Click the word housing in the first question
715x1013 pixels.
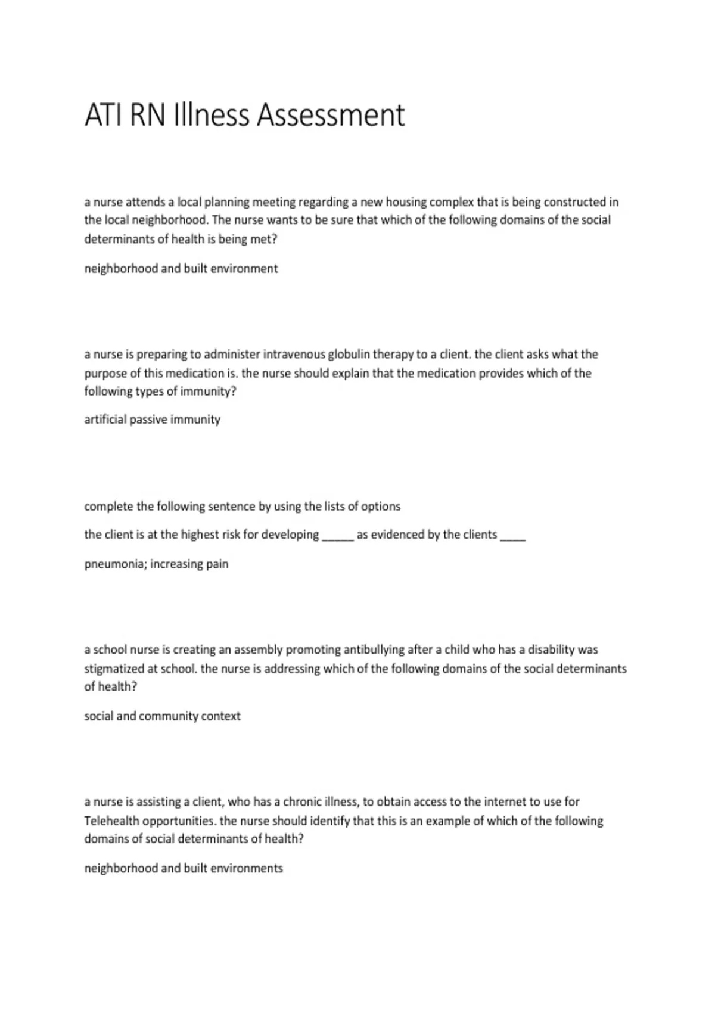tap(406, 202)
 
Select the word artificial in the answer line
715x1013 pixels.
tap(105, 420)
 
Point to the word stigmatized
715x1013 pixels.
tap(121, 669)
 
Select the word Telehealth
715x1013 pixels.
tap(113, 821)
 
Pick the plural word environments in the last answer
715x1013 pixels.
tap(247, 868)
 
